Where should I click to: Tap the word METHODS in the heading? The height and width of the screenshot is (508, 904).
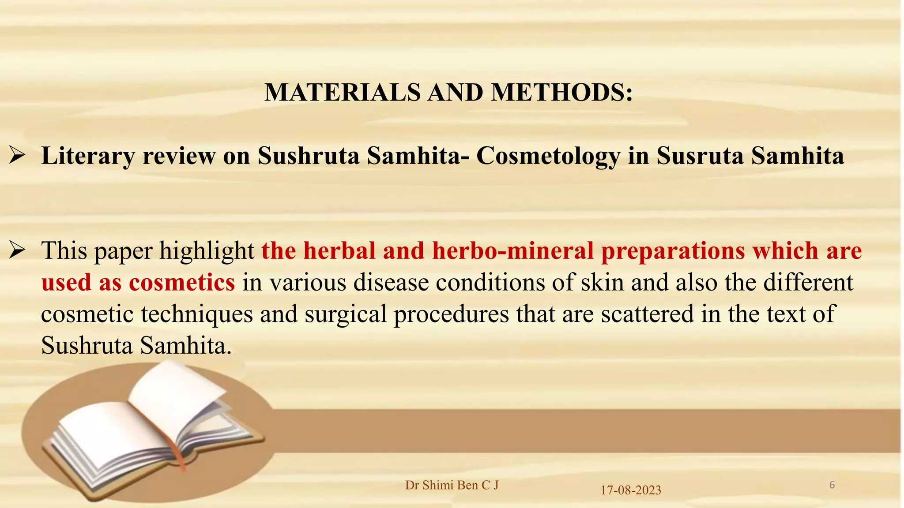pos(562,93)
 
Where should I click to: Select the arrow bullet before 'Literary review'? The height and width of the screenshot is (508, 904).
pos(18,156)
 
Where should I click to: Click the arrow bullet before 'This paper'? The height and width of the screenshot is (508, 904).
pos(18,250)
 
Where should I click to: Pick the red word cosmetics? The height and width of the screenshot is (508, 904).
pos(182,282)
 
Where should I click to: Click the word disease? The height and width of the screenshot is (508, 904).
pos(391,282)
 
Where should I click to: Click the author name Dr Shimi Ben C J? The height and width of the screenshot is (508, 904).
pos(452,485)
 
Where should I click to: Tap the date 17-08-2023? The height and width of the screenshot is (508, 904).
pos(630,490)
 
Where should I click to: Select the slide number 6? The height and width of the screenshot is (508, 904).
pos(832,485)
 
